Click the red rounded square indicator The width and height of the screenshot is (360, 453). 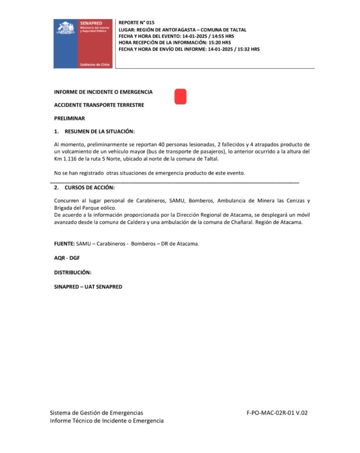coord(180,96)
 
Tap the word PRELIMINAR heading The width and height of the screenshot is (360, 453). coord(69,118)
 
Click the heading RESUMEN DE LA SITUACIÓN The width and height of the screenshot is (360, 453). coord(100,131)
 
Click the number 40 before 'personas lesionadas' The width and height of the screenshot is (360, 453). coord(164,145)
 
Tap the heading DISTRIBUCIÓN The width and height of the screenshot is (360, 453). coord(73,272)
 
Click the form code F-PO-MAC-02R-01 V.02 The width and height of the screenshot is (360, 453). coord(277,413)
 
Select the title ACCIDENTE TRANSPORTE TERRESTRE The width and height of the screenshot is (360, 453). coord(99,105)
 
